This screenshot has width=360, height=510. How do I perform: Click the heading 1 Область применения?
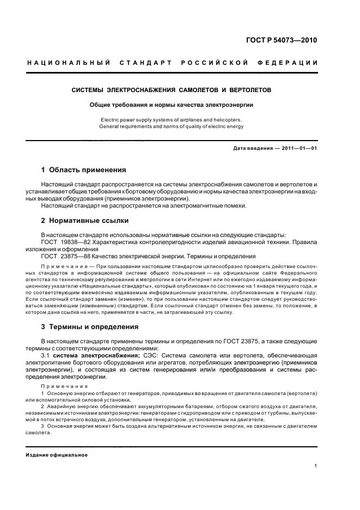83,170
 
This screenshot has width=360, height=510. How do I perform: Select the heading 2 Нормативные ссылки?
85,221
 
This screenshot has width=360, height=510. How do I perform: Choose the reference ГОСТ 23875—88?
62,256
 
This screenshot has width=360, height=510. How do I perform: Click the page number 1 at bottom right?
316,466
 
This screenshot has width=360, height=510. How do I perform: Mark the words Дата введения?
250,149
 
